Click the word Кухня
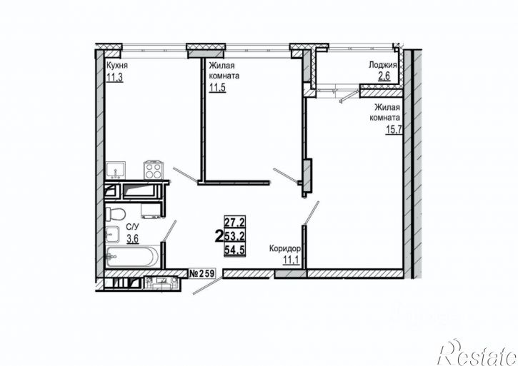[116, 66]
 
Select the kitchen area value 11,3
[114, 78]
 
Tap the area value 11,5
[217, 88]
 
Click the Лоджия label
[382, 65]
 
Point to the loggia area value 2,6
[384, 76]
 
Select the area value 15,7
[394, 130]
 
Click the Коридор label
[285, 248]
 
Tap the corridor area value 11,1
[291, 260]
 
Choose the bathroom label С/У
[132, 227]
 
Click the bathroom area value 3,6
[132, 238]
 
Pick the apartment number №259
[201, 273]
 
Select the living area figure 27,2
[235, 222]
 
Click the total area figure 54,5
[234, 250]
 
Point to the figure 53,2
[235, 236]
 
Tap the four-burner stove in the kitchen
[153, 171]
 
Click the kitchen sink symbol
[116, 171]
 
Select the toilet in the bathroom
[115, 213]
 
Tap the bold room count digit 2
[219, 236]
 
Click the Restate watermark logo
[477, 352]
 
